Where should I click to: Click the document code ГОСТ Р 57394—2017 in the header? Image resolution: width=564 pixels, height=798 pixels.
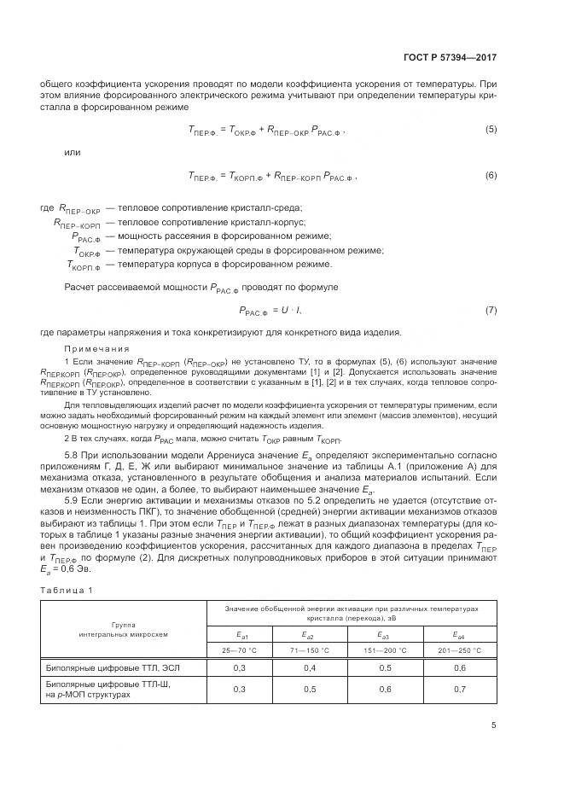click(449, 57)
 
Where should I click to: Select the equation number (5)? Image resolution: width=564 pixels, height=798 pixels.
click(491, 129)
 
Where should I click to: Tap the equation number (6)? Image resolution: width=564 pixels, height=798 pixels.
click(491, 175)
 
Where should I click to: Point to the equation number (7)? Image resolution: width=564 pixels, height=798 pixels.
click(491, 309)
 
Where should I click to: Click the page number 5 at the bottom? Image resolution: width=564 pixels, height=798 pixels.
click(494, 725)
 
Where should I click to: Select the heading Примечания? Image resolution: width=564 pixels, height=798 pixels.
click(96, 348)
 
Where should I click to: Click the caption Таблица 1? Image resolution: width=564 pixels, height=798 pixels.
click(67, 590)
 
